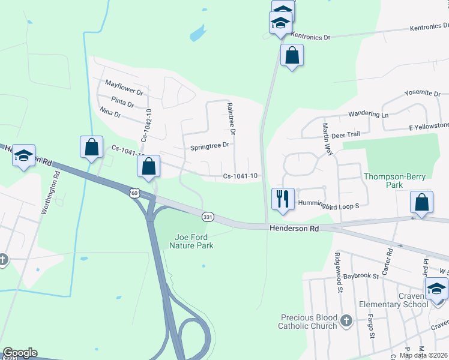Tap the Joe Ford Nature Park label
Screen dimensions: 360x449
click(x=191, y=241)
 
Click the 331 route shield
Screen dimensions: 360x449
click(x=208, y=217)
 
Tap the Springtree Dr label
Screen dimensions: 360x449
click(x=209, y=146)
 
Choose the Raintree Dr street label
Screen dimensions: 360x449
click(x=231, y=118)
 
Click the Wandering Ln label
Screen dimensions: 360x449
click(x=369, y=114)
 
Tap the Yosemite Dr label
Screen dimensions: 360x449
click(x=422, y=94)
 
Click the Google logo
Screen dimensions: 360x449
click(x=20, y=352)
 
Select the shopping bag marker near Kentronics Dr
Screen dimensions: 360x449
click(x=292, y=56)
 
